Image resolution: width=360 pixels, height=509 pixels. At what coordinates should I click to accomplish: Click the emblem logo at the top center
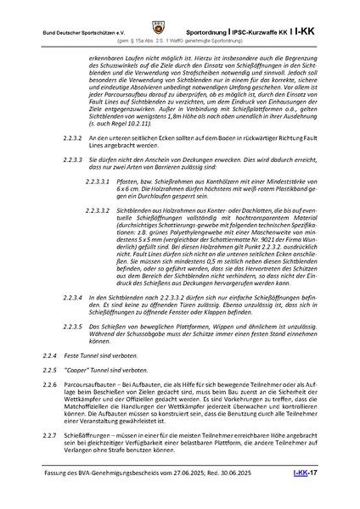179,13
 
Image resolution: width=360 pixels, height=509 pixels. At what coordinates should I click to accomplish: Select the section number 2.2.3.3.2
100,207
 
